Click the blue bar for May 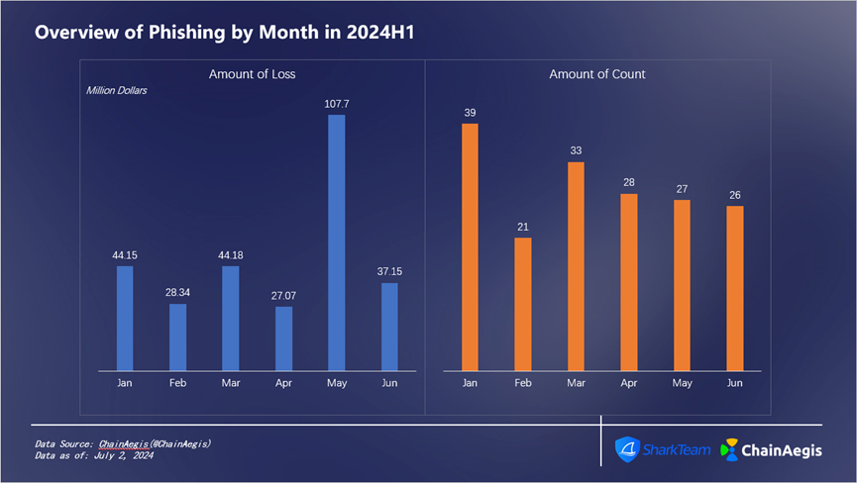pyautogui.click(x=336, y=242)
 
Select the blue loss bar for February pyautogui.click(x=177, y=337)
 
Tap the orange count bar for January pyautogui.click(x=470, y=246)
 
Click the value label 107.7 pyautogui.click(x=336, y=103)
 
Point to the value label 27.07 pyautogui.click(x=283, y=295)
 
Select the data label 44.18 pyautogui.click(x=230, y=255)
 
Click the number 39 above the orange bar pyautogui.click(x=470, y=113)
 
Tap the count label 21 pyautogui.click(x=522, y=227)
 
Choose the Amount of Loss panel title pyautogui.click(x=252, y=74)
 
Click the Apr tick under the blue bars pyautogui.click(x=283, y=381)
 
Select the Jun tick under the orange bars pyautogui.click(x=734, y=381)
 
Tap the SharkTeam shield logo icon pyautogui.click(x=627, y=448)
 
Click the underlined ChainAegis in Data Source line pyautogui.click(x=122, y=444)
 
